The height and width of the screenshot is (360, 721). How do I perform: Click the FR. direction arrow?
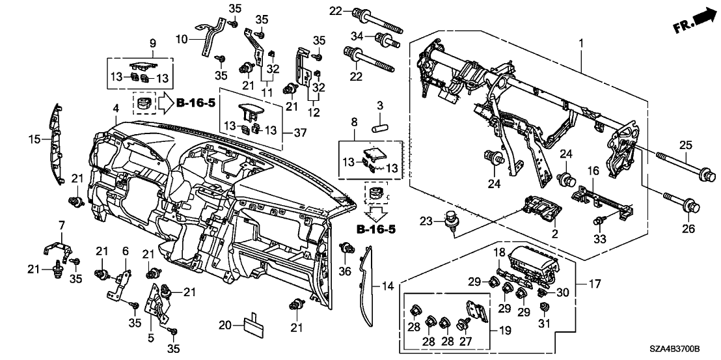[692, 19]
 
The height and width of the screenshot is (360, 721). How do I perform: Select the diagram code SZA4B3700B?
[683, 350]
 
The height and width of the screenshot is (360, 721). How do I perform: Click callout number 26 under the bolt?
[688, 229]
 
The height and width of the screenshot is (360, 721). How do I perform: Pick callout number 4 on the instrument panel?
[115, 107]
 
